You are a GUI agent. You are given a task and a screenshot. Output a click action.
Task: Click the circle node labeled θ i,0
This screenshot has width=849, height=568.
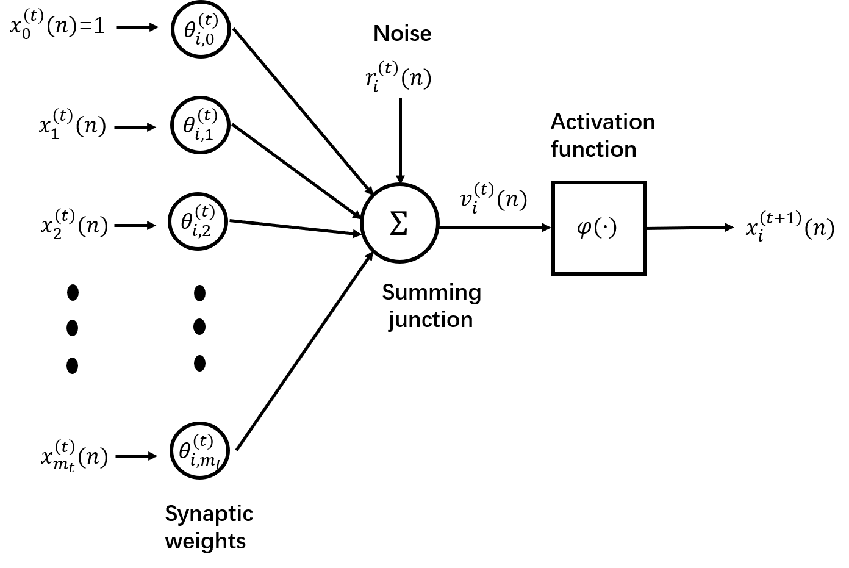(201, 29)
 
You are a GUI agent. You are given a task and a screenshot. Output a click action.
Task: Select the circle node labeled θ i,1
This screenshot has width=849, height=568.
(200, 125)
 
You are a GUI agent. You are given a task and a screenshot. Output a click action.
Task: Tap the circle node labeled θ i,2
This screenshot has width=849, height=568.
(198, 221)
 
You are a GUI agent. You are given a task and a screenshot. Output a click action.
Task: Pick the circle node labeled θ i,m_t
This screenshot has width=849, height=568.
(199, 451)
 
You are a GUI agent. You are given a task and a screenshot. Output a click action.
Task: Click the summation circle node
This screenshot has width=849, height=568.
(399, 223)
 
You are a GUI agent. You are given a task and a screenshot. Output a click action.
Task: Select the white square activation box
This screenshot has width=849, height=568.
(598, 228)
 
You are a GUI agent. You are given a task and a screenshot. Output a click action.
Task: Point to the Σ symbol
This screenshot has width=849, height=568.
(399, 223)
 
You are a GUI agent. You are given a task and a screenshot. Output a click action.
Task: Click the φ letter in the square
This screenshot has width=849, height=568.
(584, 228)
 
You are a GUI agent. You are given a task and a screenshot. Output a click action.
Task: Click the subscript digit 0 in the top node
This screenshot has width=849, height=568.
(209, 40)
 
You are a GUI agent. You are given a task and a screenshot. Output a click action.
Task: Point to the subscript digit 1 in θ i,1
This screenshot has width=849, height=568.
(208, 135)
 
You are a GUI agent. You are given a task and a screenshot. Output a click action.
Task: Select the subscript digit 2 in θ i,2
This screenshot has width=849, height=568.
(206, 231)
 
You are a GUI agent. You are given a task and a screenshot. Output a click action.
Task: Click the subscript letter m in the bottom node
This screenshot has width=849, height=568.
(207, 461)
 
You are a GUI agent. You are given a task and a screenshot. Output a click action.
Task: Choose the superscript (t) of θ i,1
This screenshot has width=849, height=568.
(207, 115)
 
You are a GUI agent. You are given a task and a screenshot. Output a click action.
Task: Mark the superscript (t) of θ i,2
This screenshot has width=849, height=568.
(205, 212)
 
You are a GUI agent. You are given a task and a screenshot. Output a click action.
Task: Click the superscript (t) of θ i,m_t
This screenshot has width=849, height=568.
(203, 441)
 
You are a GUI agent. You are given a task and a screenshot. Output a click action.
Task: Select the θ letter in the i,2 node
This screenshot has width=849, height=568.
(187, 221)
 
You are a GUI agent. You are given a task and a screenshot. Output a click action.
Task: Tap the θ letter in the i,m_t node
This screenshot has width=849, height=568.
(185, 451)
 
